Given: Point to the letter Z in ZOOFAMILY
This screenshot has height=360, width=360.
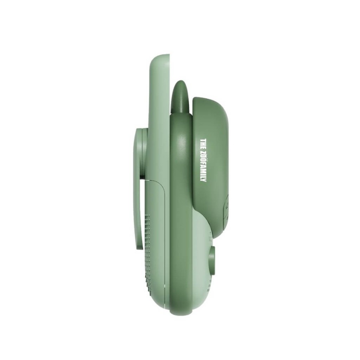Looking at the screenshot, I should [x=203, y=153].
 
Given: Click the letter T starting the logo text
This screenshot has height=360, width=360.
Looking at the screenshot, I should [x=203, y=140].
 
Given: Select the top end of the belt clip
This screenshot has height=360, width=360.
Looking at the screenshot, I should [x=140, y=130].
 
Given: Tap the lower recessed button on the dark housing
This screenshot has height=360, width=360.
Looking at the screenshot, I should [x=225, y=218].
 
